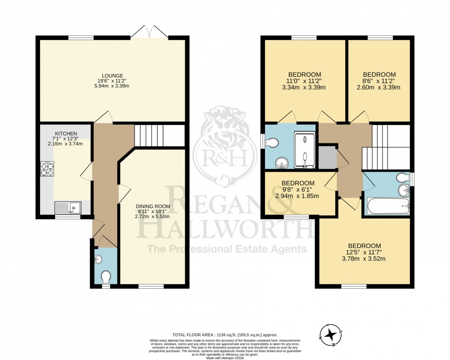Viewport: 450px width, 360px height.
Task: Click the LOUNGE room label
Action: pos(112,76)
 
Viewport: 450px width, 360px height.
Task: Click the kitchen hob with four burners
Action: pos(47,168)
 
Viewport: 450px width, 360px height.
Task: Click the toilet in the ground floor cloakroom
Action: pos(106,277)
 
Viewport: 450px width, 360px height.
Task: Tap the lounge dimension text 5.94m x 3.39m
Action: pos(112,85)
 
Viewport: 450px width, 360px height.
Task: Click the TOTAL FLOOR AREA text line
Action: pos(225,335)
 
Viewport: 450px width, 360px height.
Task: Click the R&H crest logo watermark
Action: pos(225,145)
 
